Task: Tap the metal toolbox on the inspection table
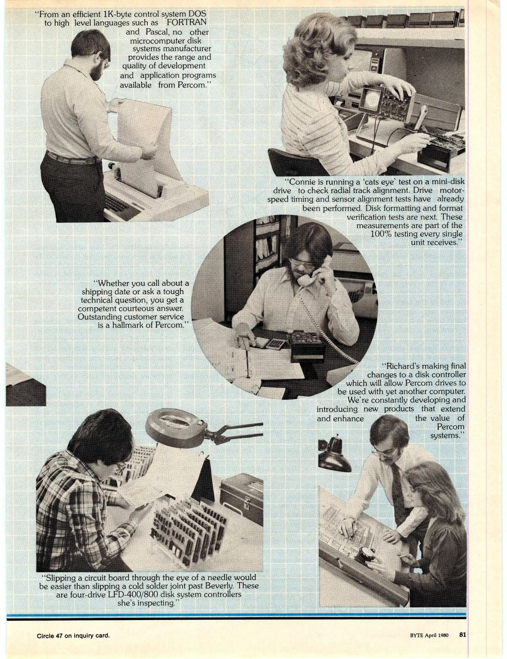(241, 496)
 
